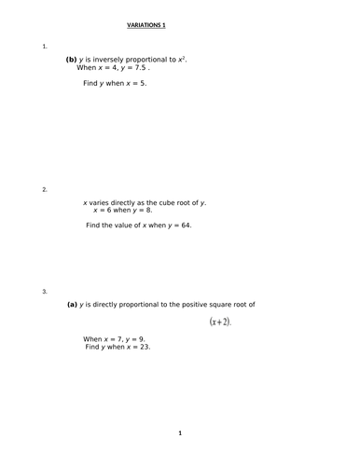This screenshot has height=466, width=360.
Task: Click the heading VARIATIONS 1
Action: (153, 27)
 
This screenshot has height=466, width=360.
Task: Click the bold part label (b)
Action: (71, 60)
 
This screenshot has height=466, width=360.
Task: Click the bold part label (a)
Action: (71, 304)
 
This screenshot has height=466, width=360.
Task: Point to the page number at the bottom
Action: (180, 433)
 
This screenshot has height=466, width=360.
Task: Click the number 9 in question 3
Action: (141, 339)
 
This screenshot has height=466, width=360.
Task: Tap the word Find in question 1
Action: (90, 83)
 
